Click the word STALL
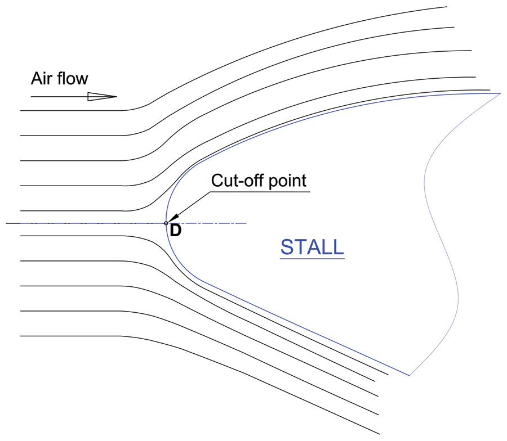pyautogui.click(x=312, y=247)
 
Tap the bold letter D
pyautogui.click(x=176, y=231)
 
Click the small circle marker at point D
pyautogui.click(x=166, y=223)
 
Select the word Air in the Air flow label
pyautogui.click(x=41, y=78)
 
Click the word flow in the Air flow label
pyautogui.click(x=73, y=78)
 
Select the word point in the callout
pyautogui.click(x=287, y=181)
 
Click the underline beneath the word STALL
pyautogui.click(x=312, y=258)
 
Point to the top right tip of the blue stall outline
pyautogui.click(x=501, y=93)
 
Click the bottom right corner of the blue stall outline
pyautogui.click(x=410, y=375)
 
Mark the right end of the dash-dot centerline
pyautogui.click(x=246, y=223)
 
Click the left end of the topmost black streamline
pyautogui.click(x=21, y=110)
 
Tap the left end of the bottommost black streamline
pyautogui.click(x=21, y=336)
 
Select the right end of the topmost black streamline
pyautogui.click(x=447, y=6)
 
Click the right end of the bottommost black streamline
pyautogui.click(x=380, y=434)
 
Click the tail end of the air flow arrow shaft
pyautogui.click(x=31, y=97)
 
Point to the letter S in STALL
pyautogui.click(x=287, y=247)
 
